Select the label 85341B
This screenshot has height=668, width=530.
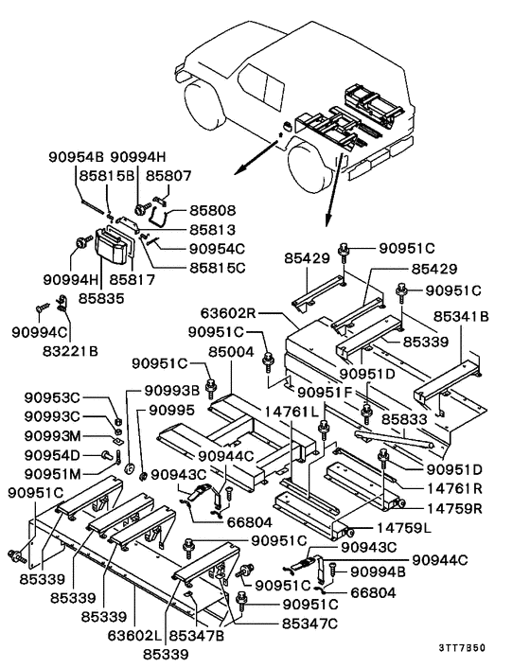pos(461,318)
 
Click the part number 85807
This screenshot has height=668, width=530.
pos(196,175)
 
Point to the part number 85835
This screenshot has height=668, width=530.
pos(106,297)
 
